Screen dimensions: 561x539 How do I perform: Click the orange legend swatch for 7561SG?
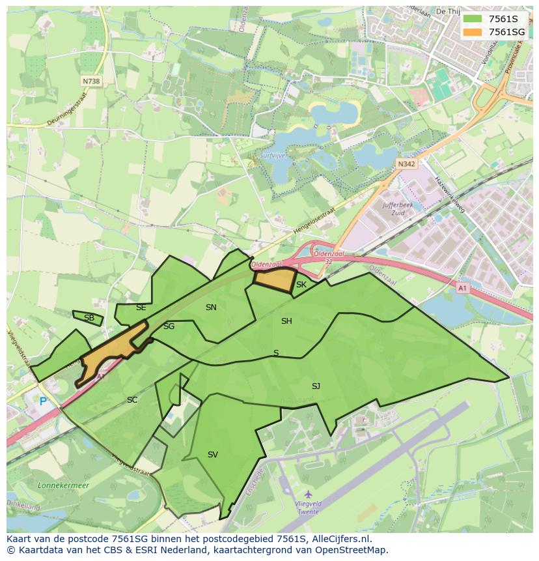point(473,32)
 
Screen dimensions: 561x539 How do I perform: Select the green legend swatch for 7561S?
point(473,19)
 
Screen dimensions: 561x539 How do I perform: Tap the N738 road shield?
point(92,81)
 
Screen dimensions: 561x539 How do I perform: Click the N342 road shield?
point(406,164)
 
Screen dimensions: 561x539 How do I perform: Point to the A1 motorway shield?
point(462,287)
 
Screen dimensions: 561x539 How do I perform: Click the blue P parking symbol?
point(44,402)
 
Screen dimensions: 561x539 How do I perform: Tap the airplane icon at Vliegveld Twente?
point(307,495)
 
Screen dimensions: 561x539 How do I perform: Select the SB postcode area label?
point(89,318)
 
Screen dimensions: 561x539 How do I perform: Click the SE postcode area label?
point(141,308)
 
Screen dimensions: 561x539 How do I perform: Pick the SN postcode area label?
point(211,308)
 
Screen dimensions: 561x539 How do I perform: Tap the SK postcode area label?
point(301,285)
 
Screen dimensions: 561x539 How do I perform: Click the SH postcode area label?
point(286,321)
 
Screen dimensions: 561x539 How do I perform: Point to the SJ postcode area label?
point(316,386)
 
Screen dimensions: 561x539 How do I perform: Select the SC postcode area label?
point(132,400)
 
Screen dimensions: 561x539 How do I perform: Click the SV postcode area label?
point(212,455)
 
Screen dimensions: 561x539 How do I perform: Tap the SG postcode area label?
point(169,326)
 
